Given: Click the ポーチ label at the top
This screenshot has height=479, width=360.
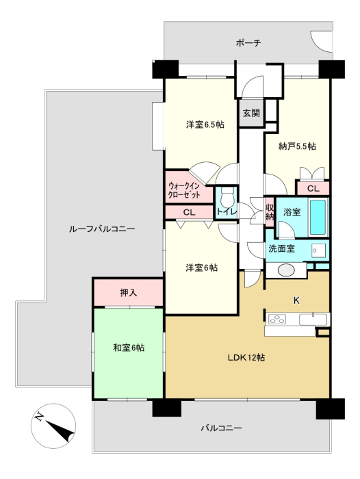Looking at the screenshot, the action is (x=248, y=42).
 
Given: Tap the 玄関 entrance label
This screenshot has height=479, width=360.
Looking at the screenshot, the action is (x=251, y=113).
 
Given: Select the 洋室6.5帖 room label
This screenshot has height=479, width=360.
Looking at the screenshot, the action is (x=205, y=125).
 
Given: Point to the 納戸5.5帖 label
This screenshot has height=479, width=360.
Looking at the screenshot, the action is (x=297, y=146).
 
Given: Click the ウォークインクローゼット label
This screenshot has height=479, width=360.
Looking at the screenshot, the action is (x=184, y=190).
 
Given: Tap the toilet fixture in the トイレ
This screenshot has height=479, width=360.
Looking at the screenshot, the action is (x=227, y=196).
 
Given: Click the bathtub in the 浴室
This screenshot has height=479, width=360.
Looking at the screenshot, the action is (x=318, y=217).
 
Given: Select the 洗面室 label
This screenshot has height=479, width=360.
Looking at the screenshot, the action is (x=281, y=248).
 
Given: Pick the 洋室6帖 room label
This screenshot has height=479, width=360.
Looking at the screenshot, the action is (x=202, y=268).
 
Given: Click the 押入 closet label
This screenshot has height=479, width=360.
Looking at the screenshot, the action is (x=129, y=293).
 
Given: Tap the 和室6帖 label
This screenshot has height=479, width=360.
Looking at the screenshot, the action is (x=129, y=348).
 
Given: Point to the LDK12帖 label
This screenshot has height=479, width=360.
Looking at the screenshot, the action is (x=246, y=357).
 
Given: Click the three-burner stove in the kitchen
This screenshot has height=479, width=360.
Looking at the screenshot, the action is (x=277, y=320).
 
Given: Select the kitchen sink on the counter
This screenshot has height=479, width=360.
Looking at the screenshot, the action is (x=313, y=320).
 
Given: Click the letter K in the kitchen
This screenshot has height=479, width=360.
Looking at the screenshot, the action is (x=296, y=300).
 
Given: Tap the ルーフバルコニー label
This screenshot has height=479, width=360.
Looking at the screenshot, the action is (x=102, y=229).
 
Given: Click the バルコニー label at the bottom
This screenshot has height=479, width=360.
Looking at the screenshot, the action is (x=221, y=428).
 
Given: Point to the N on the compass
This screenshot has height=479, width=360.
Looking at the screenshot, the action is (x=39, y=417).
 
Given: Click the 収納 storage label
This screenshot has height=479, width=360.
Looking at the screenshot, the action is (x=269, y=212).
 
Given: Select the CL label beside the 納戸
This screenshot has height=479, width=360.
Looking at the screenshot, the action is (x=313, y=188).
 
